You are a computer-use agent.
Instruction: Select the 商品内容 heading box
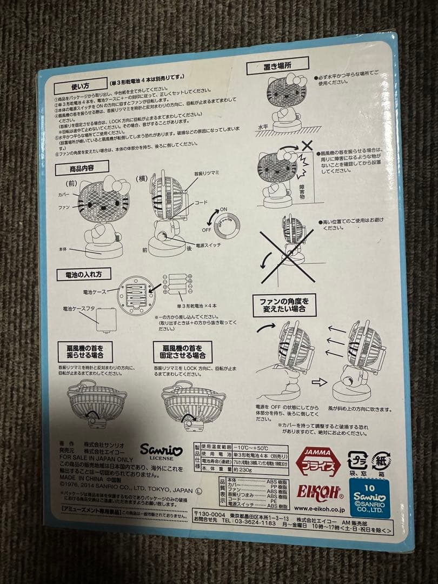click(x=82, y=168)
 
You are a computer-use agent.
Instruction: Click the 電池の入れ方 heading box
click(x=84, y=274)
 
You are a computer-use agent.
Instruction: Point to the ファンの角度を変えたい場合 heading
click(x=284, y=304)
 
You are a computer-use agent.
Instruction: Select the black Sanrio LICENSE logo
click(x=161, y=451)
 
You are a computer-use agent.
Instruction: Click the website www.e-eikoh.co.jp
click(x=320, y=508)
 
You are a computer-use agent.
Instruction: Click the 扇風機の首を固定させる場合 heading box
click(x=182, y=351)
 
